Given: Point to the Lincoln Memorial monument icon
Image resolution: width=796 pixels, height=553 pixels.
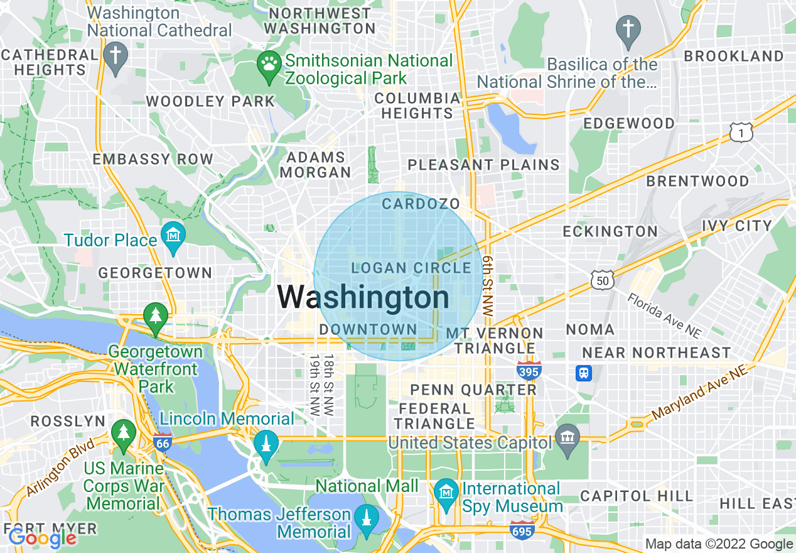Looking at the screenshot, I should pyautogui.click(x=266, y=446).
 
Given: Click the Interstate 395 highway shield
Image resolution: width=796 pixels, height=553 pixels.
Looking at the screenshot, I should pyautogui.click(x=529, y=371).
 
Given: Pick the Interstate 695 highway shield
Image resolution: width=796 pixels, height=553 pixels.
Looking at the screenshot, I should pyautogui.click(x=522, y=530).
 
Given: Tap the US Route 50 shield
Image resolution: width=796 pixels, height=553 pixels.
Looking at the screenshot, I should pyautogui.click(x=602, y=280).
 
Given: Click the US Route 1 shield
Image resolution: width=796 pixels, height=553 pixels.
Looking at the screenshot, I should pyautogui.click(x=741, y=132).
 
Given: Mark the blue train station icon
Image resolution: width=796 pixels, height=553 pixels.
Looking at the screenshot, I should pyautogui.click(x=584, y=373).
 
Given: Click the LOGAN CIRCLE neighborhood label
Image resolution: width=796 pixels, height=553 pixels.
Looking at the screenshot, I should pyautogui.click(x=411, y=268).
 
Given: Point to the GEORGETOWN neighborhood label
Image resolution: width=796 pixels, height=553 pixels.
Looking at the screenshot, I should pyautogui.click(x=155, y=273).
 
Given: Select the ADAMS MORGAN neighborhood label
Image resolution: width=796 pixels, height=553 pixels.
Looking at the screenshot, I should pyautogui.click(x=316, y=165).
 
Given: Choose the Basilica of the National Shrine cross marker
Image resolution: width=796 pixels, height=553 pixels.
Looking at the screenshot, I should pyautogui.click(x=628, y=31).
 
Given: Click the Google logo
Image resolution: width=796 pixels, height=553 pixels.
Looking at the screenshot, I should pyautogui.click(x=42, y=538).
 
